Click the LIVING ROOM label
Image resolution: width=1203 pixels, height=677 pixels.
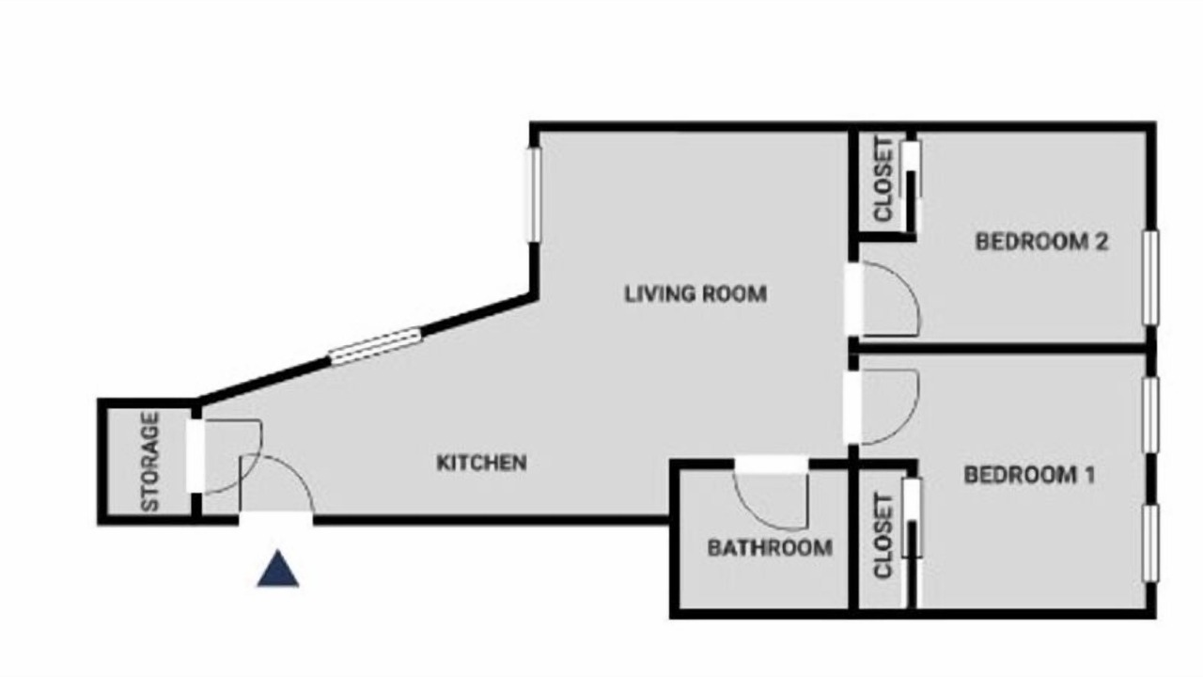695,294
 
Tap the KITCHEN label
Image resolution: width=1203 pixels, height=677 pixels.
482,463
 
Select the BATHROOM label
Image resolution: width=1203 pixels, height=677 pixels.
770,548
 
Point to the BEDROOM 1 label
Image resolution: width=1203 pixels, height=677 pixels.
1029,475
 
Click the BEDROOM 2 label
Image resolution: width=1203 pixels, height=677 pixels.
1042,242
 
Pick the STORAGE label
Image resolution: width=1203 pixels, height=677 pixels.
149,462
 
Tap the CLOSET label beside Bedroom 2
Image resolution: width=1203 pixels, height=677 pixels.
883,180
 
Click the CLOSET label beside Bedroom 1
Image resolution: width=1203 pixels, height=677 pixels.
883,536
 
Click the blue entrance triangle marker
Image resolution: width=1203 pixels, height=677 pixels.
278,569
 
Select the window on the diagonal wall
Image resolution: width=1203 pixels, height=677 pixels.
375,347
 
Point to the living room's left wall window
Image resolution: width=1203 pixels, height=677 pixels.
533,195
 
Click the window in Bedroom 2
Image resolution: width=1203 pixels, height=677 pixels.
1149,277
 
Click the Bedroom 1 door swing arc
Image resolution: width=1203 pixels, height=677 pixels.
908,424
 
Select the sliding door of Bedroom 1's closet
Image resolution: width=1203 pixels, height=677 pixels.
912,543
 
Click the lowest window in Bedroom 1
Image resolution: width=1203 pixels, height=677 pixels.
1149,543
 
